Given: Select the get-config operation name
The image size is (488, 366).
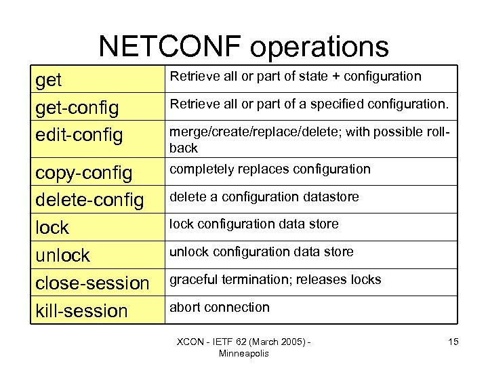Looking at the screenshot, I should point(77,107).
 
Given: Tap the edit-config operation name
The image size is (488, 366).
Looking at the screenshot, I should point(79,135).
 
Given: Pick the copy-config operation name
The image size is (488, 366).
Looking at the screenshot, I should point(83,172).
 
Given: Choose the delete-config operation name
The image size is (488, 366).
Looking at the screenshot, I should point(89,200).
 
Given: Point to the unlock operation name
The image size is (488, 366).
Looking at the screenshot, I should point(62,255).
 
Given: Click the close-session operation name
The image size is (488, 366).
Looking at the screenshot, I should point(92,283).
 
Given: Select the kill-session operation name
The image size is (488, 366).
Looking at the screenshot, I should point(81,310).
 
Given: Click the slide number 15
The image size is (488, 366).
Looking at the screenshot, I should point(453,342).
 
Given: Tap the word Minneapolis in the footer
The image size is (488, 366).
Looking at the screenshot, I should point(244,353).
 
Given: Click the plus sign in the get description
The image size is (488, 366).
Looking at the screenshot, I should point(335,77).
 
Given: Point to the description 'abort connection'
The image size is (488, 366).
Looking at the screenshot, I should point(219,307).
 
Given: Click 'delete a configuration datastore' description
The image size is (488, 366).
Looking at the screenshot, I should point(264,197).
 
